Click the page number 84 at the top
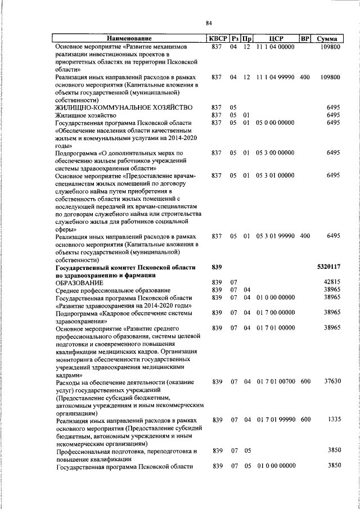point(209,23)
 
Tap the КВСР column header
point(217,39)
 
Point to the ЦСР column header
point(275,39)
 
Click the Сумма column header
point(327,39)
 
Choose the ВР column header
point(305,39)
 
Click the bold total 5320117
point(328,265)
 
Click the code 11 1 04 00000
point(275,47)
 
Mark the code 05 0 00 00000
point(275,123)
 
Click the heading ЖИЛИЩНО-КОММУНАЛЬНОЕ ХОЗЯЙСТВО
point(124,107)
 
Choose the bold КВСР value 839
point(217,265)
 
